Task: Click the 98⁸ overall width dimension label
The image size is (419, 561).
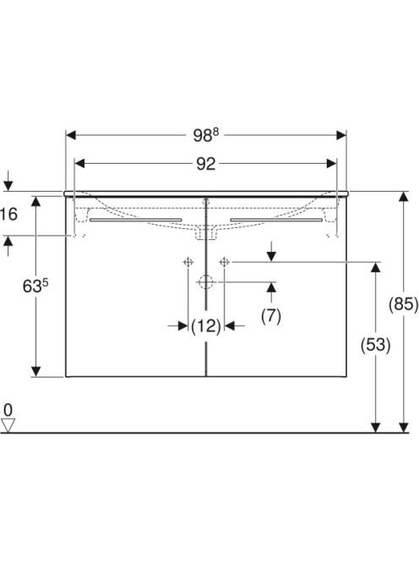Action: (206, 135)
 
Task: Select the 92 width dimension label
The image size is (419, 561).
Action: (206, 164)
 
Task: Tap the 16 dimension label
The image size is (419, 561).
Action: (8, 215)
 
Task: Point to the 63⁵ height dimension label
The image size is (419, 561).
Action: (35, 286)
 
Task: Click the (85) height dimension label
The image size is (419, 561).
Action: (403, 304)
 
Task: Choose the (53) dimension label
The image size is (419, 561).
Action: (375, 345)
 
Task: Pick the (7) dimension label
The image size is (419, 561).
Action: (271, 316)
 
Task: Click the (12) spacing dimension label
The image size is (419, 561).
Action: (206, 326)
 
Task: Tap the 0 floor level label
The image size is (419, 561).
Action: (8, 410)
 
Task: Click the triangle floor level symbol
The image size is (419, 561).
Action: (8, 426)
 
